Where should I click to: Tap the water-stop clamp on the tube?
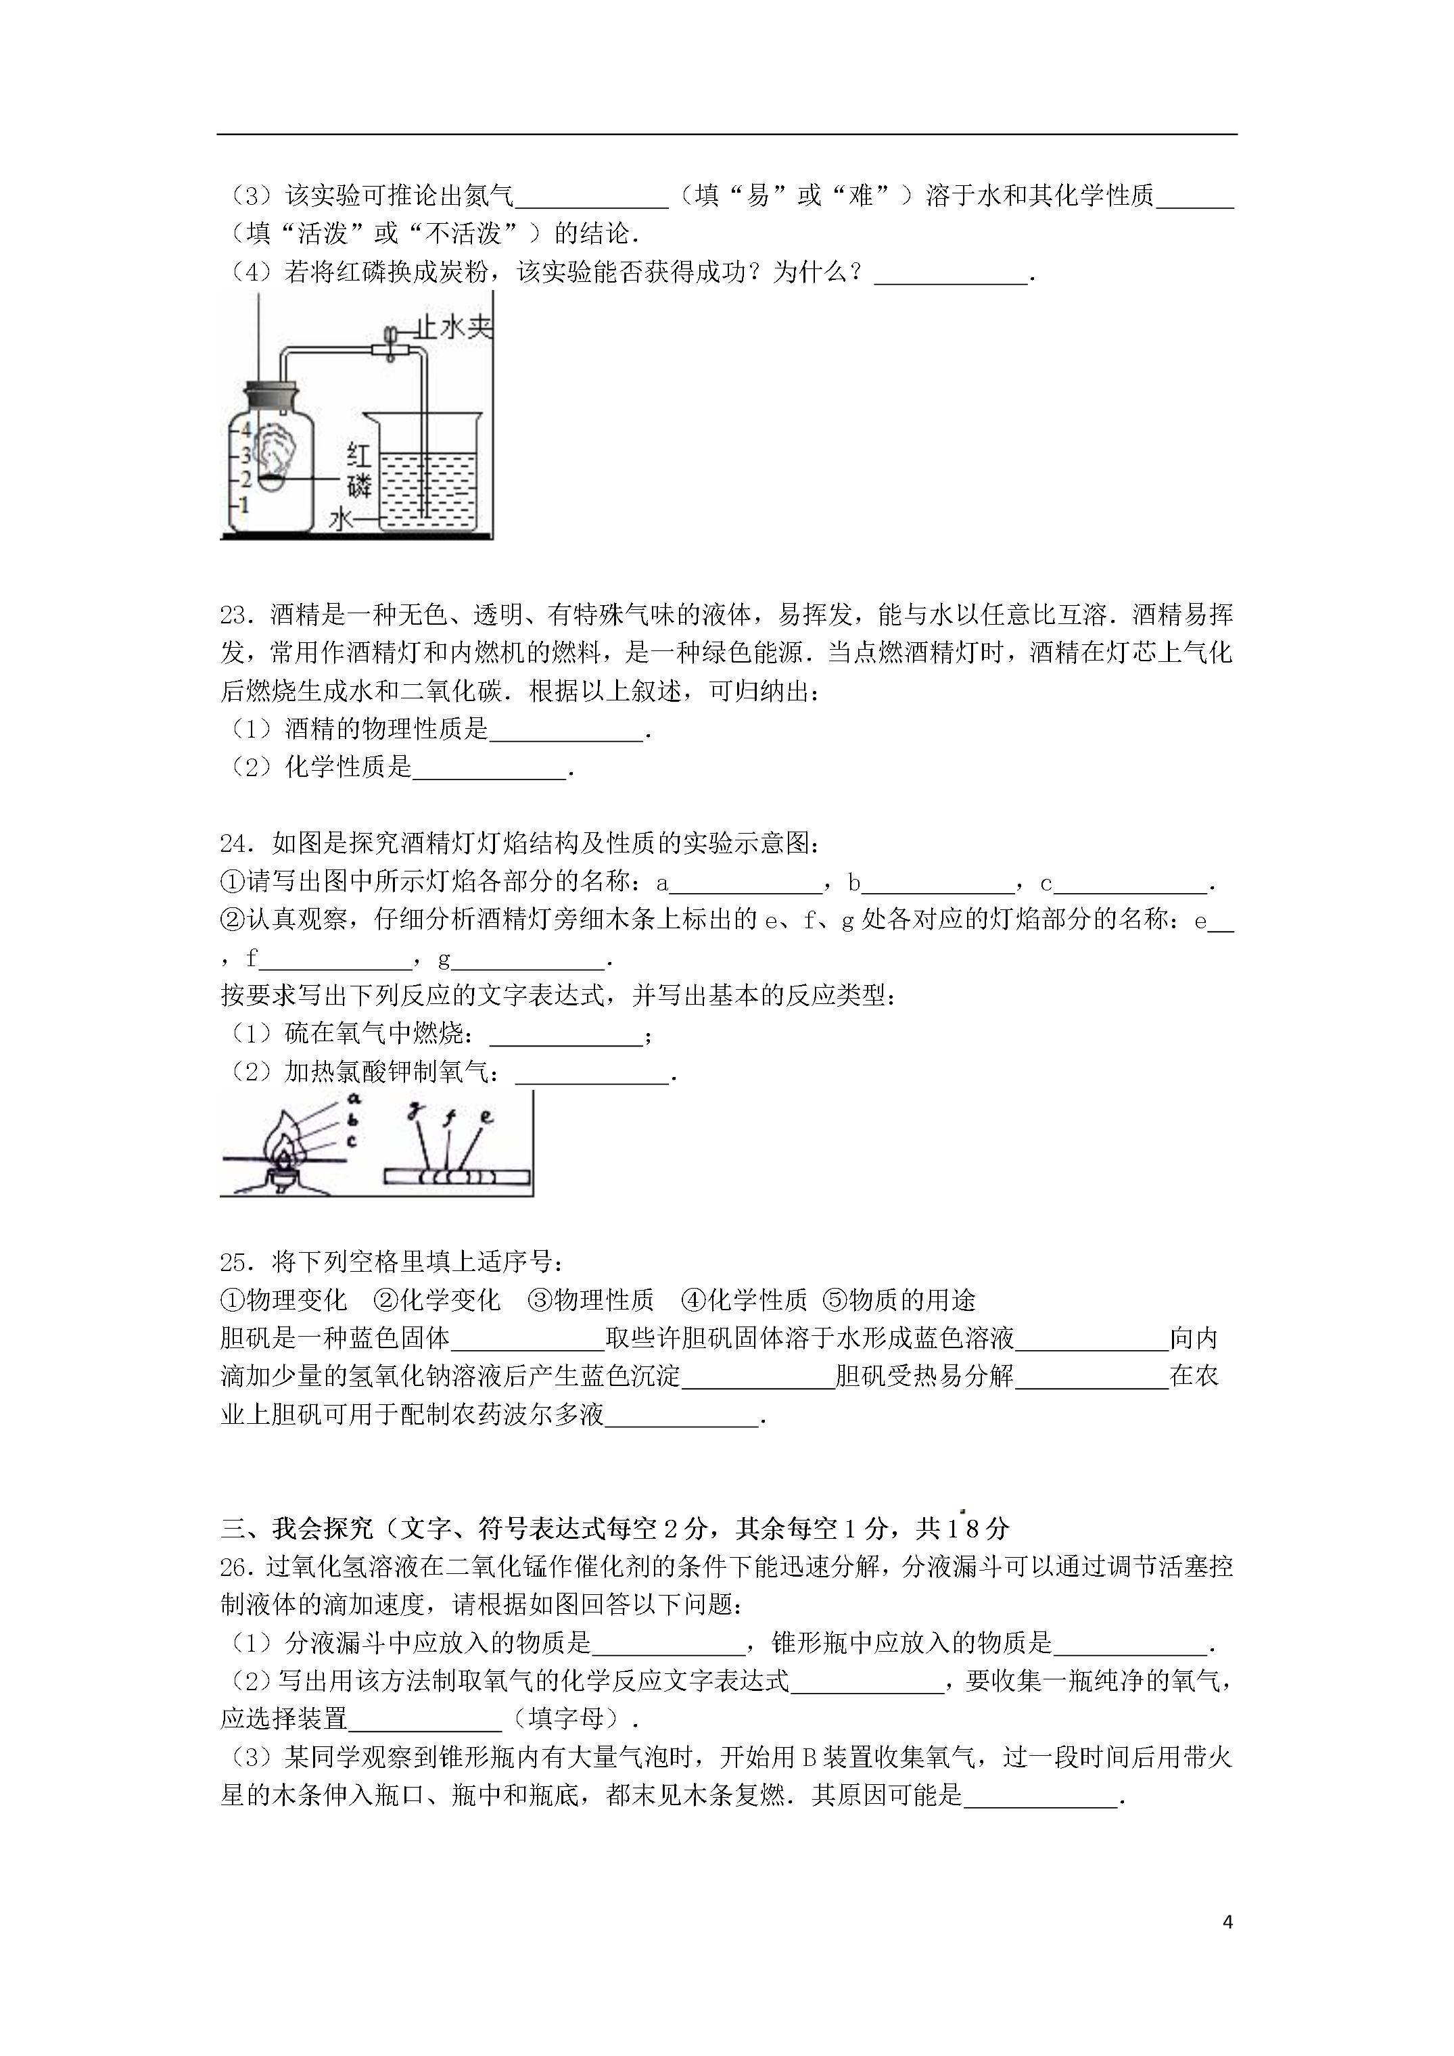(392, 345)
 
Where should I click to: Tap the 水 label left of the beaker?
(342, 519)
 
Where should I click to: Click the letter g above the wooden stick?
(414, 1112)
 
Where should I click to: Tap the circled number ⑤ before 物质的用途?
(833, 1300)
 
